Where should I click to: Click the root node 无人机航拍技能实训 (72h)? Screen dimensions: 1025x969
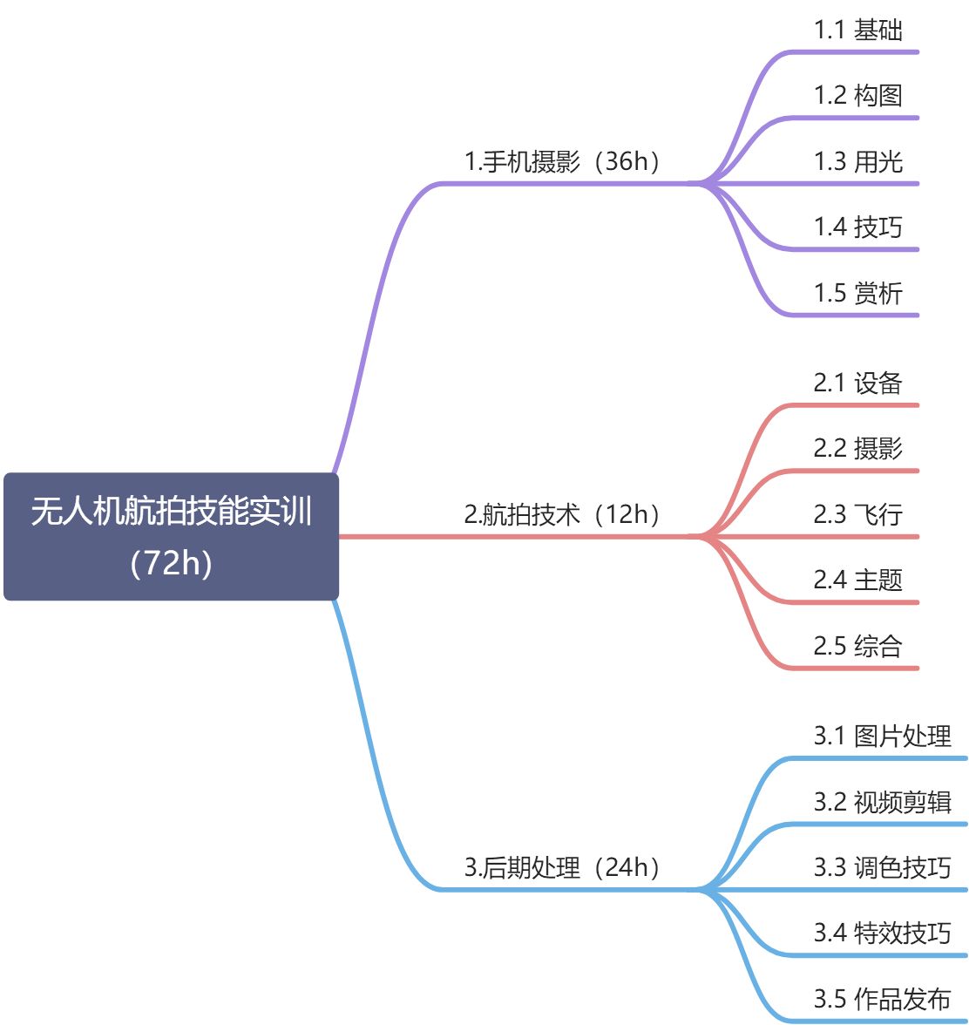171,536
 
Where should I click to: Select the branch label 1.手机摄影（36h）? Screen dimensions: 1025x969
563,161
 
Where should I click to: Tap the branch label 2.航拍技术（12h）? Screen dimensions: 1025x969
563,514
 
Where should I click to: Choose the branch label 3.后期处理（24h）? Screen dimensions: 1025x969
563,867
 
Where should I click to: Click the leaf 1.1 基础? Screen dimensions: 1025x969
857,31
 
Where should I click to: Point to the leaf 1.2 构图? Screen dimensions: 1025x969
857,96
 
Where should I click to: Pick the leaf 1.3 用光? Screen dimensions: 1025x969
857,161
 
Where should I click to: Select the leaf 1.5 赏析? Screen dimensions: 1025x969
857,293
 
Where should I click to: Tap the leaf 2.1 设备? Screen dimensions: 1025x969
857,384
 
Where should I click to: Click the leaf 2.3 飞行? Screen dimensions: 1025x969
857,514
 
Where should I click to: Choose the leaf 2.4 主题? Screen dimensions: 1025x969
857,580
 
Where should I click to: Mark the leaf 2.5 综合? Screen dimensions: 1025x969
857,646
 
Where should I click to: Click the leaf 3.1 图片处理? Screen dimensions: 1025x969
882,737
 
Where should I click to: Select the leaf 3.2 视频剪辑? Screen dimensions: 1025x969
882,802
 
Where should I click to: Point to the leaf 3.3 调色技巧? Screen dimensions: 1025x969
882,867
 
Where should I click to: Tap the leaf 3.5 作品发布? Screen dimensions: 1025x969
882,999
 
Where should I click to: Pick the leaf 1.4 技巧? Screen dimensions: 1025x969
857,227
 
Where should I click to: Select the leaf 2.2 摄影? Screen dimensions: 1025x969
857,449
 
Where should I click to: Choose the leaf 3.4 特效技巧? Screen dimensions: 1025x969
882,933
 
